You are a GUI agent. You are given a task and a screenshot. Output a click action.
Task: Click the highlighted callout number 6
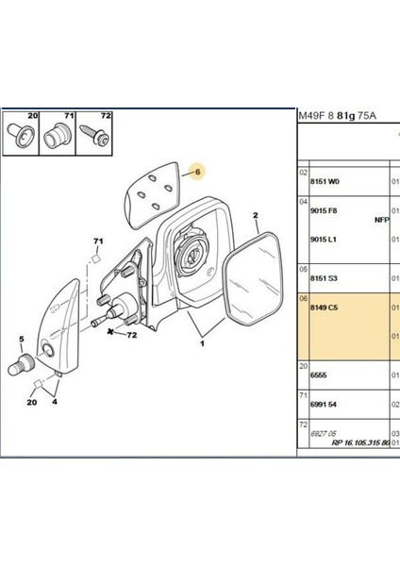(198, 173)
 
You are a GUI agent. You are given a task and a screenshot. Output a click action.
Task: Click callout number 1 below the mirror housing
(200, 343)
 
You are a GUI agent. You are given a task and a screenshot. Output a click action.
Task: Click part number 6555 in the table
(319, 375)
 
